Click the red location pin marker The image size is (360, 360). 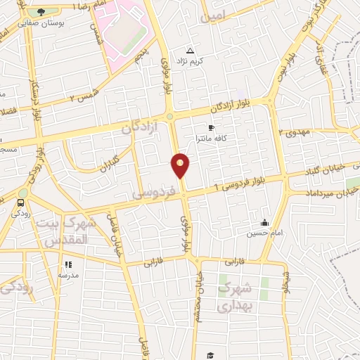(x=181, y=165)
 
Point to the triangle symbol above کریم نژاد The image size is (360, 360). (x=191, y=51)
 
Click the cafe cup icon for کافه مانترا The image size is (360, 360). (x=211, y=128)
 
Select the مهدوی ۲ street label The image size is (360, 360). (x=295, y=131)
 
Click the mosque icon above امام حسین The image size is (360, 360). (x=265, y=223)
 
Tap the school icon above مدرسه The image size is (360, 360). (x=68, y=264)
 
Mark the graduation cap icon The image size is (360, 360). (x=210, y=355)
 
